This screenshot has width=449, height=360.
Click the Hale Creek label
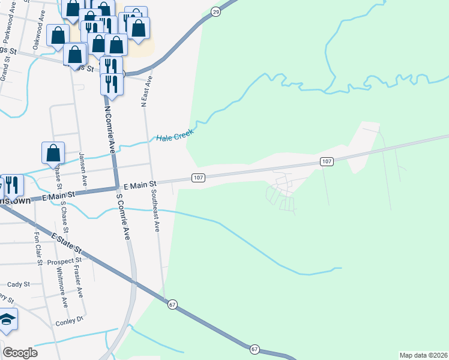coord(175,136)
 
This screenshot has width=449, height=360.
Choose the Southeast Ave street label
coord(155,211)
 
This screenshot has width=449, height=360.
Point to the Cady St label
coord(18,284)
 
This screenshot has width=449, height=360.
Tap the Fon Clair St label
coord(38,248)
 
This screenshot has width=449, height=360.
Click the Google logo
coord(20,353)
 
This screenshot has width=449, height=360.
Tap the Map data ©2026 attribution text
coord(424,355)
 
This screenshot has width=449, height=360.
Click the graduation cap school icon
coord(7,319)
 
